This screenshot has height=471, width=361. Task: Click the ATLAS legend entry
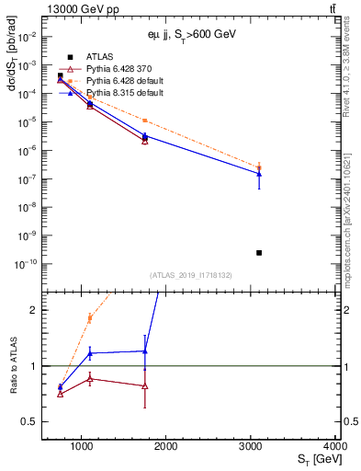pos(99,57)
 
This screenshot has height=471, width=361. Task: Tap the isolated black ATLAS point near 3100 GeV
pos(259,252)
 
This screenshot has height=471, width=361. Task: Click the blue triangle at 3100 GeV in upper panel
pos(259,173)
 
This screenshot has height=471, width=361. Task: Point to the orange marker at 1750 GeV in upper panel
pos(145,121)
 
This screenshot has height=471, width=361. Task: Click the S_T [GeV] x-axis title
pos(317,459)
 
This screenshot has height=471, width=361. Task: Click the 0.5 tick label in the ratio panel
pos(30,422)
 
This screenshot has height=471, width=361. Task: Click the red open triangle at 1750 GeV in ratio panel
pos(145,385)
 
